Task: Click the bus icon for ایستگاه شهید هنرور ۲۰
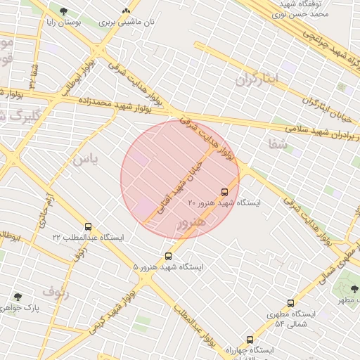click(225, 192)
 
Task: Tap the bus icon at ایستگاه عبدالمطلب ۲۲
click(88, 227)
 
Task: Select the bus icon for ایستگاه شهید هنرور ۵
click(168, 256)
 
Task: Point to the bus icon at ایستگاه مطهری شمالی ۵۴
click(292, 304)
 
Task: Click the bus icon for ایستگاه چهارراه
click(250, 340)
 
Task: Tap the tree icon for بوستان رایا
click(64, 11)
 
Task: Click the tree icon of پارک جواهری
click(18, 297)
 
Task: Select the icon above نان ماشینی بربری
click(127, 11)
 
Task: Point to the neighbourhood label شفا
click(278, 143)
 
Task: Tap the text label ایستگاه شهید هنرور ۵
click(168, 267)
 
